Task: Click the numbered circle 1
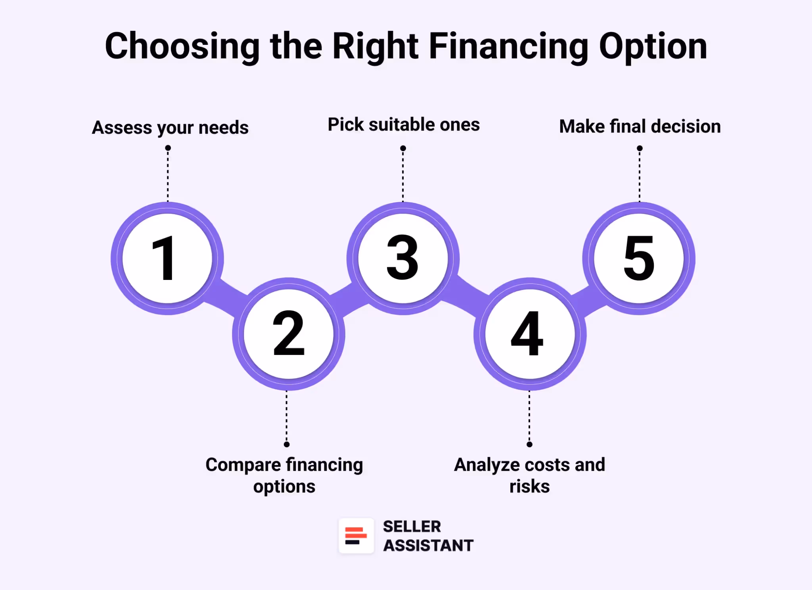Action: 167,259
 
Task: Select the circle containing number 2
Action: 289,334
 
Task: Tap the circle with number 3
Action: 403,259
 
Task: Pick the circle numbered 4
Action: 530,334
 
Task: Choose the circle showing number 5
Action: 639,259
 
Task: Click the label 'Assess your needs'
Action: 170,128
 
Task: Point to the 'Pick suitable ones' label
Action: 404,125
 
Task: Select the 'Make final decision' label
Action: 640,126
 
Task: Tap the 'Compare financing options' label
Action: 284,475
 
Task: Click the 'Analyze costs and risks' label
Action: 530,475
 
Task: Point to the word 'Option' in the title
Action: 653,47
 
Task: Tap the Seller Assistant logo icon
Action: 356,536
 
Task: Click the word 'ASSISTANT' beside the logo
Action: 428,546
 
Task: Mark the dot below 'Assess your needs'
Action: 168,148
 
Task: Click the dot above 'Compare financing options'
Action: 287,444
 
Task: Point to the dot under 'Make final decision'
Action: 640,148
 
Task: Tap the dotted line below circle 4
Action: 529,416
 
